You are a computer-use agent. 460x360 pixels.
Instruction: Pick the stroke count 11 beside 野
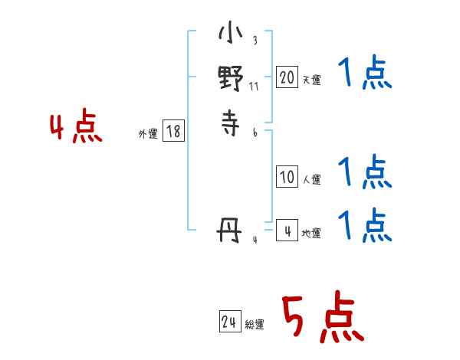point(254,86)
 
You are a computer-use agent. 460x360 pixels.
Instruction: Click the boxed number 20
point(287,77)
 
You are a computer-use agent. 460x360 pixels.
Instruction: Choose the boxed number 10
point(287,177)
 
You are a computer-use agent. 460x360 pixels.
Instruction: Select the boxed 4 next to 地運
point(287,229)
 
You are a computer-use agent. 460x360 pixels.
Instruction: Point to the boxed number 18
point(173,131)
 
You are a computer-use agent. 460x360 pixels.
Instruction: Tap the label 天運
point(311,80)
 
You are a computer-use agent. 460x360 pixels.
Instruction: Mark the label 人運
point(311,181)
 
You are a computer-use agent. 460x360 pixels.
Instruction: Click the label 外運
point(148,134)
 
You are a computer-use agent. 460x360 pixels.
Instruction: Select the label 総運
point(255,326)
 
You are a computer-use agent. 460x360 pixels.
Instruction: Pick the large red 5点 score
point(321,318)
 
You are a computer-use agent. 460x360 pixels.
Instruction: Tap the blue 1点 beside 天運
point(364,76)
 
